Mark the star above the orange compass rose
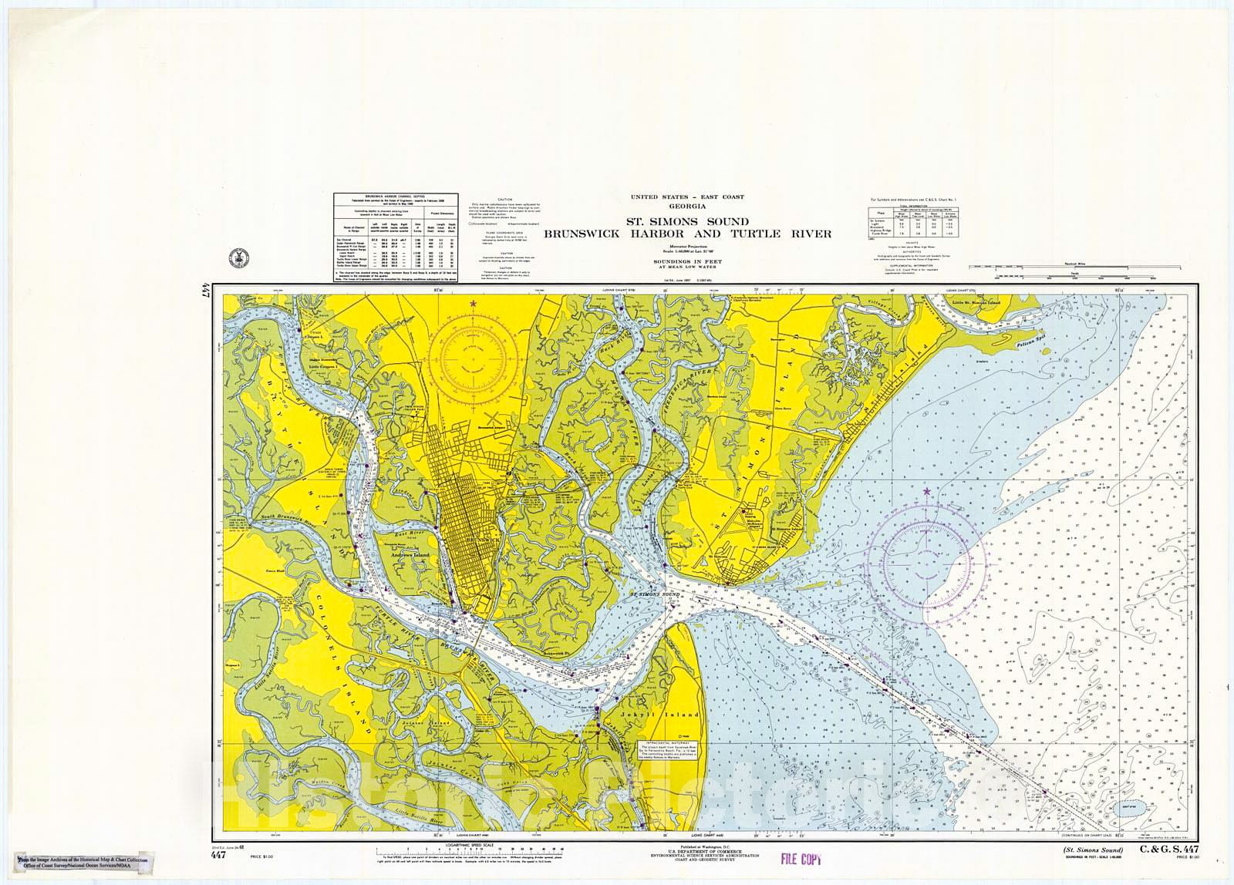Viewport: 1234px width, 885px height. [472, 305]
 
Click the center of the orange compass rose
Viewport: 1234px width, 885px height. [473, 358]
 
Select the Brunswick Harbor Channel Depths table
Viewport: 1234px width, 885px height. [395, 237]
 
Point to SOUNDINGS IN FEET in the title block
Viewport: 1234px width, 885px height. [677, 262]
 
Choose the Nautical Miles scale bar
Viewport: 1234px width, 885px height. [1074, 266]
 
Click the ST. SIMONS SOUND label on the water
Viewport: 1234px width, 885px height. [653, 595]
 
